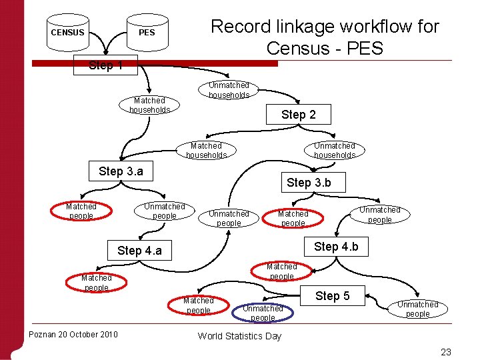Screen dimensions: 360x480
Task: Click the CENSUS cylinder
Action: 68,33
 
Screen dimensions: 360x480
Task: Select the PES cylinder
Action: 147,33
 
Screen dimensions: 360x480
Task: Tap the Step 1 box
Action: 105,65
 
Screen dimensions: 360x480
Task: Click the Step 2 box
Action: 298,115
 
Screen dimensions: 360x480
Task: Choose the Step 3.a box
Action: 121,171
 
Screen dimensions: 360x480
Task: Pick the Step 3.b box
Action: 309,182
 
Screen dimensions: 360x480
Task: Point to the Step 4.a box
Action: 139,251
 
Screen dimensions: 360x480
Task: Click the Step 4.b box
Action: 336,247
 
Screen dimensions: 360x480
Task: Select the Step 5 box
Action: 332,296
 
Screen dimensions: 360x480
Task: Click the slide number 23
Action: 446,352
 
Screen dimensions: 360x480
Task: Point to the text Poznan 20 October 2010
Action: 73,334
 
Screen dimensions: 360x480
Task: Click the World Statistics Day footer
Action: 239,336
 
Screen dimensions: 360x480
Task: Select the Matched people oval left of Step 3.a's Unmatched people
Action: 81,211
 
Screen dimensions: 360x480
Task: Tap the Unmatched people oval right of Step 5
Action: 418,309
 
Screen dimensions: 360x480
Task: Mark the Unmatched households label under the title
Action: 229,90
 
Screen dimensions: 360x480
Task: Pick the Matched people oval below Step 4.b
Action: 282,271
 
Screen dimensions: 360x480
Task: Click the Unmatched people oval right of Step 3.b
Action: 380,215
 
